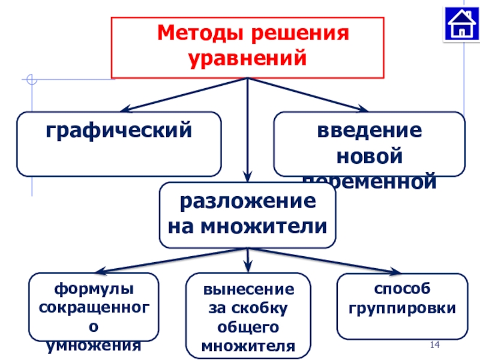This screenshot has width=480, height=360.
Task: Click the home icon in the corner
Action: pos(461,23)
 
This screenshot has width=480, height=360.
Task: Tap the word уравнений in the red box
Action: pos(248,58)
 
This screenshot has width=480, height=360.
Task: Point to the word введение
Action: pos(369,130)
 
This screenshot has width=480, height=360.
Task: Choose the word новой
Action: pos(369,156)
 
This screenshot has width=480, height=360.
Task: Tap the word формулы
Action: pos(94,290)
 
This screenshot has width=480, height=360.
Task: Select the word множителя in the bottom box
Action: pos(248,346)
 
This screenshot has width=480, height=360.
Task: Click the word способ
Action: pos(402,290)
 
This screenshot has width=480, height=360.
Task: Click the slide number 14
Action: pos(435,344)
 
